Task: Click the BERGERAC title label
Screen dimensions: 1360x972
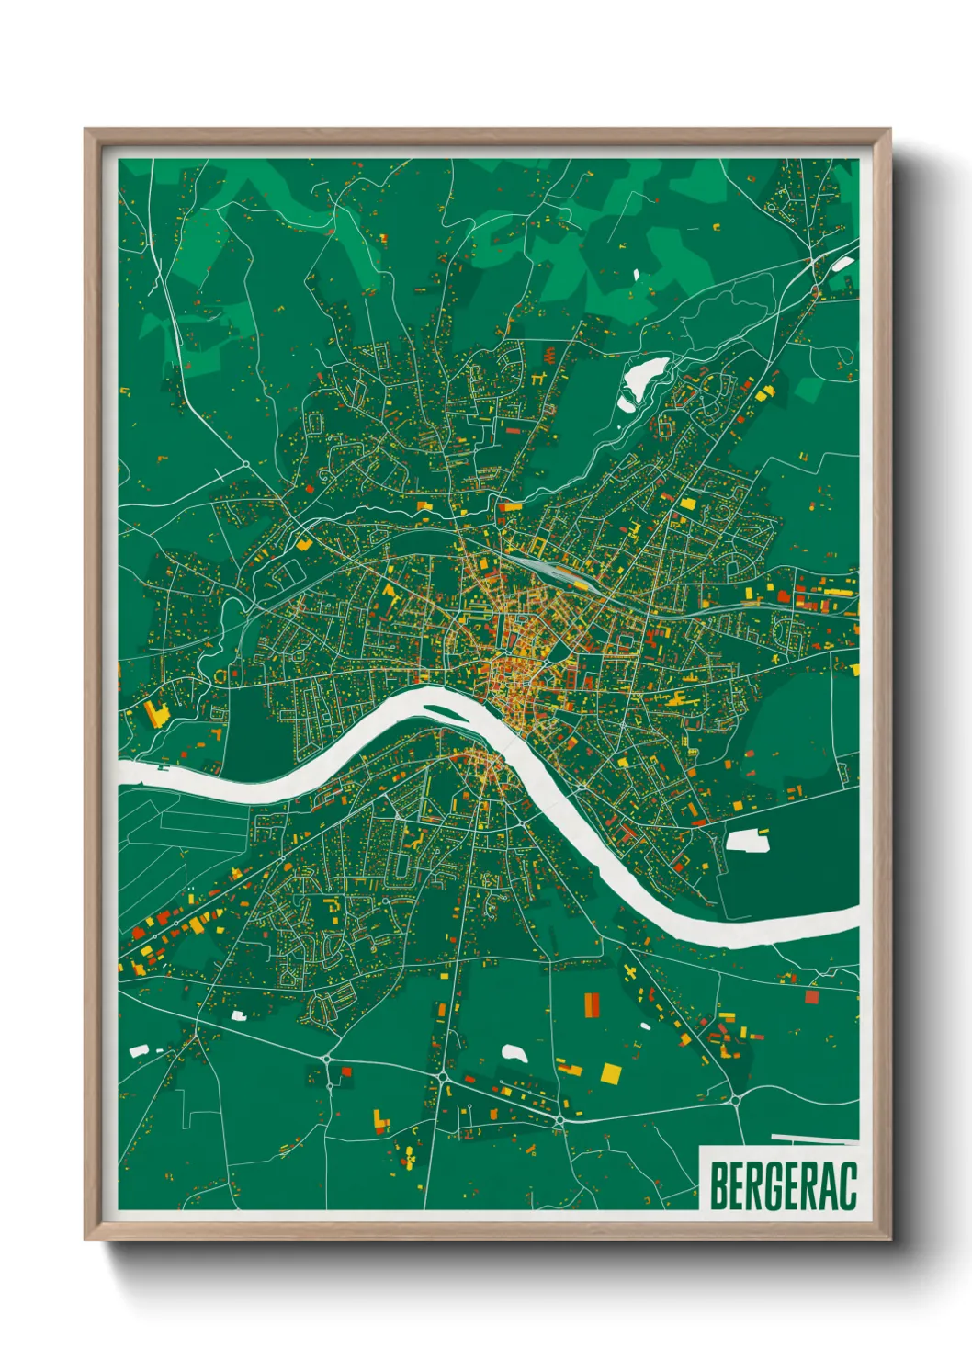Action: pos(782,1185)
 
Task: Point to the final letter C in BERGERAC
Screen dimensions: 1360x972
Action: pos(848,1186)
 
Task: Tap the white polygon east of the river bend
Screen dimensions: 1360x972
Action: pos(748,839)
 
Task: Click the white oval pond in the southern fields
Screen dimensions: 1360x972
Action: pos(514,1053)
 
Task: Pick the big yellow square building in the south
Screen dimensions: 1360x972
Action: pos(610,1072)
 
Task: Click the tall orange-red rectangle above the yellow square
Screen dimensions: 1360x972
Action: pos(592,1005)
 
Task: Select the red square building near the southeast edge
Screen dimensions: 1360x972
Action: pos(811,996)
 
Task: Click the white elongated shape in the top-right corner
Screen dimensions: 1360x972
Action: pos(841,265)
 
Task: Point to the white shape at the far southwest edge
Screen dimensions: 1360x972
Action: pos(139,1049)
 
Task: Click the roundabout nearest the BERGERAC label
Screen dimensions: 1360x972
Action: pos(734,1098)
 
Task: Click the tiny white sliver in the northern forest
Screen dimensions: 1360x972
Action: pos(636,273)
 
